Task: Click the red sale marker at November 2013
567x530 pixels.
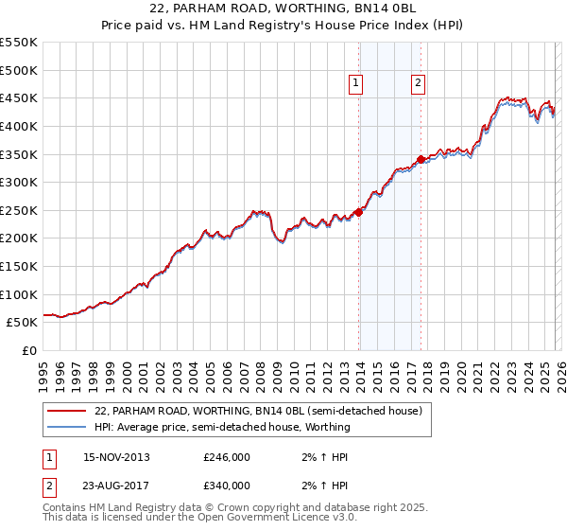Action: pyautogui.click(x=359, y=212)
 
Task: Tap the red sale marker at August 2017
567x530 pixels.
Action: pyautogui.click(x=421, y=160)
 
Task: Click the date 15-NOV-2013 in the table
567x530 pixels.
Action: pyautogui.click(x=116, y=457)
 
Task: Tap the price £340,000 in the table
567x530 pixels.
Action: pyautogui.click(x=227, y=486)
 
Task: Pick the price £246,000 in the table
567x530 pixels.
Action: pyautogui.click(x=227, y=457)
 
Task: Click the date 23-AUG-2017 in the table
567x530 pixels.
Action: pyautogui.click(x=116, y=486)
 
